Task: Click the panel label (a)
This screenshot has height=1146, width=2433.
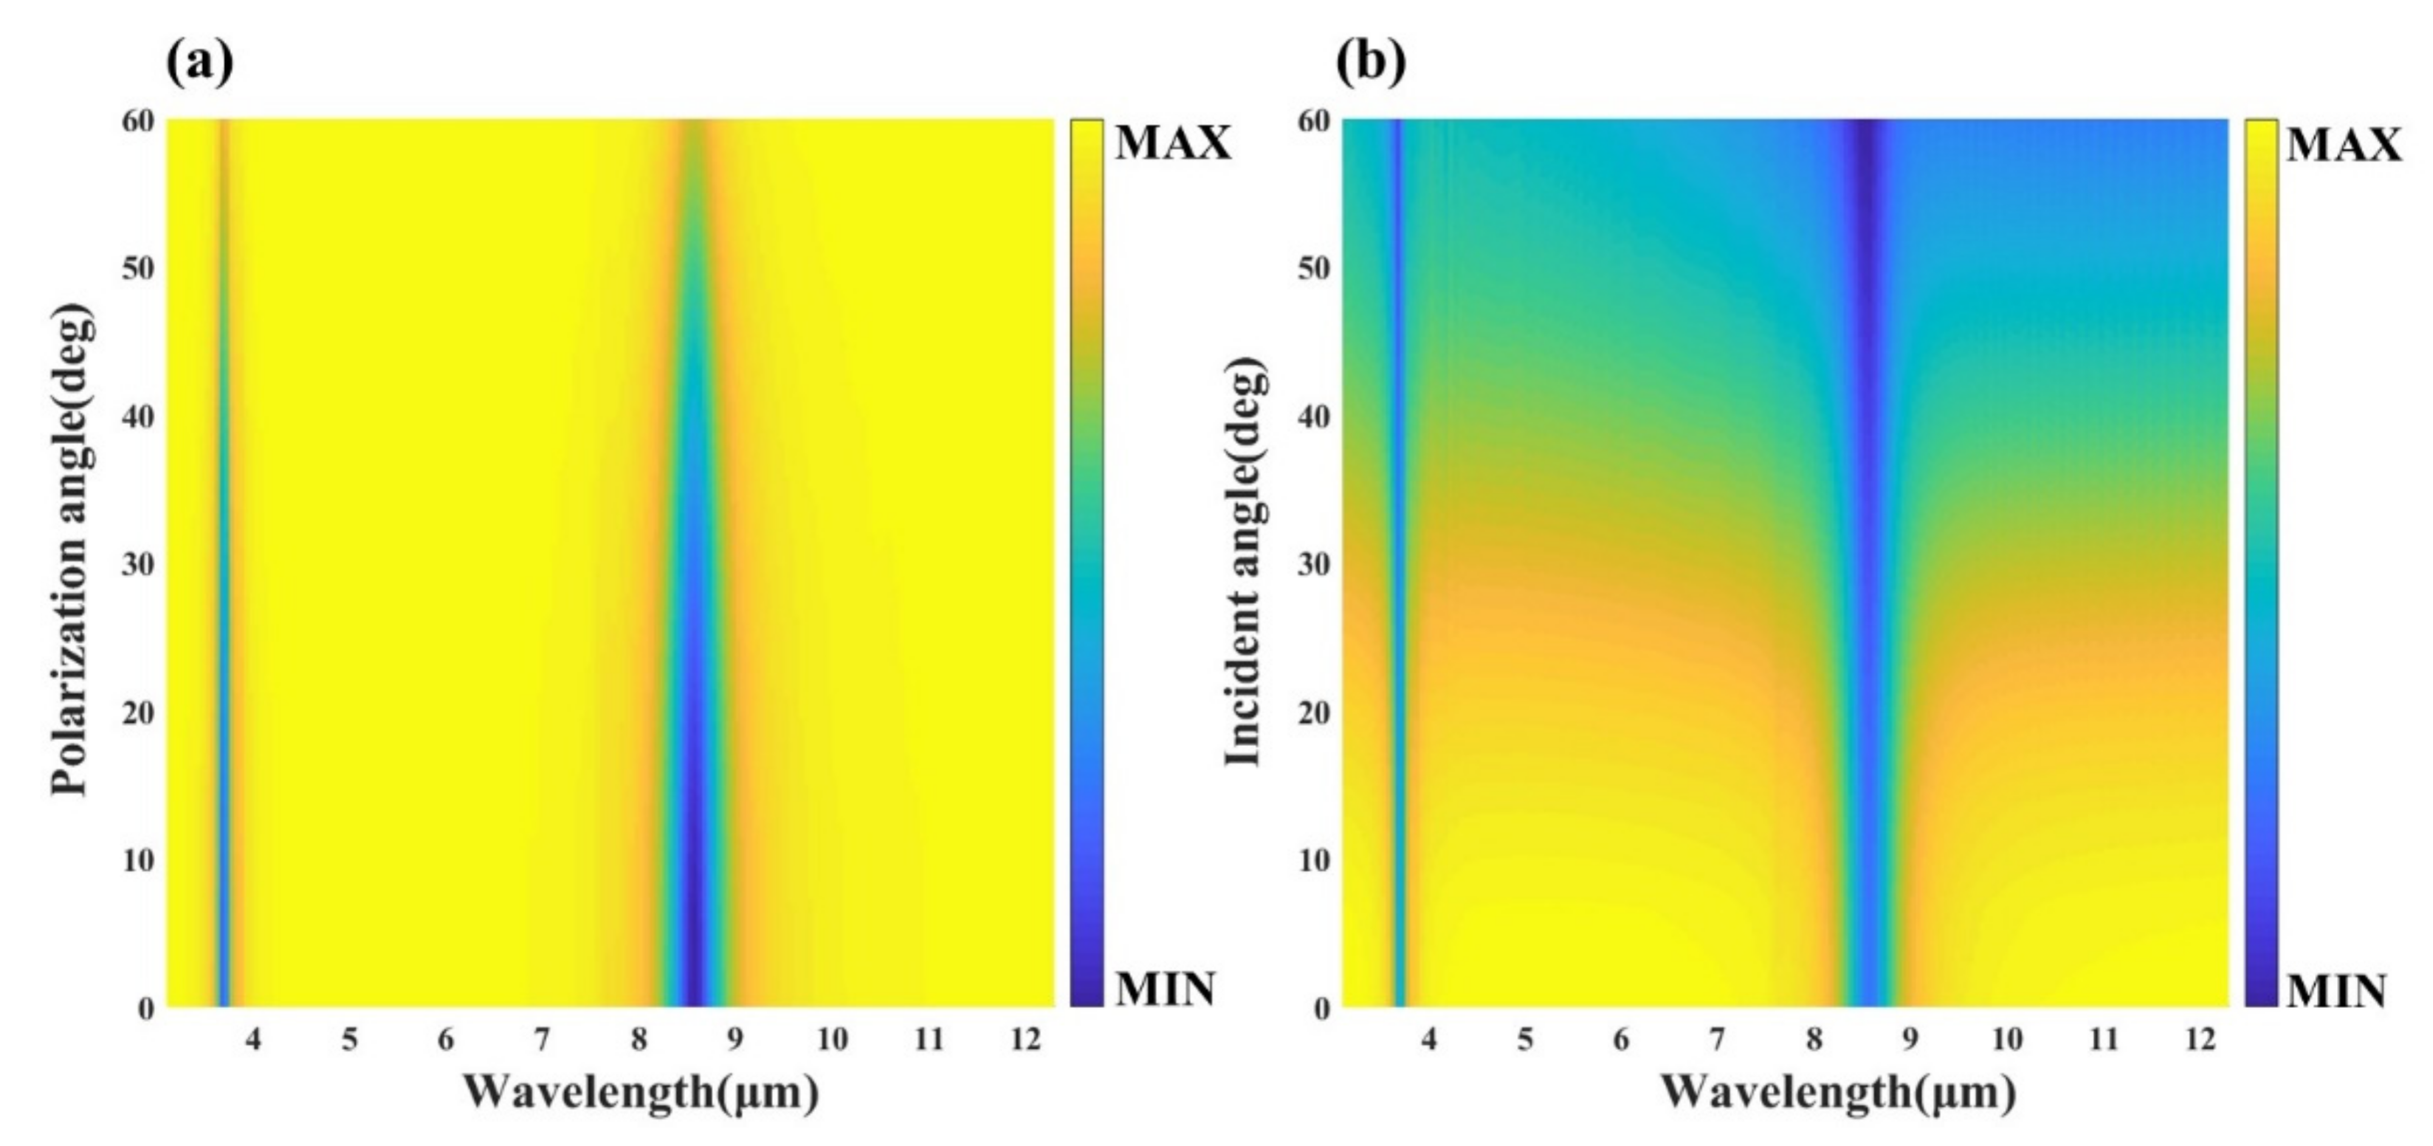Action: (x=199, y=61)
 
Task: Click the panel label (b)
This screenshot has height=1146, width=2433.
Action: (x=1372, y=61)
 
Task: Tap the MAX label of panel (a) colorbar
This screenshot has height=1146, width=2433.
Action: (x=1174, y=143)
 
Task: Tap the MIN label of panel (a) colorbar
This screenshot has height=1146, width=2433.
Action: (x=1165, y=989)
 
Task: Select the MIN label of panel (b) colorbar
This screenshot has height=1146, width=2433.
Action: (x=2336, y=991)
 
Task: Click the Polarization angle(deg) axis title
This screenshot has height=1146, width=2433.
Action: (x=73, y=551)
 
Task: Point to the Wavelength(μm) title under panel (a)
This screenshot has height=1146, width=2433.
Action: (x=641, y=1092)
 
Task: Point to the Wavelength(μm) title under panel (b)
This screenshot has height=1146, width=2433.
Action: (x=1839, y=1092)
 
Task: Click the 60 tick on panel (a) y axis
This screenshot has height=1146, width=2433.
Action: (x=138, y=122)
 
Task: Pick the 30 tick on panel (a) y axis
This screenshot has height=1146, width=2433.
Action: (x=138, y=565)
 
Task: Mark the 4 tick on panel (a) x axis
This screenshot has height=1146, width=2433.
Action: (x=253, y=1039)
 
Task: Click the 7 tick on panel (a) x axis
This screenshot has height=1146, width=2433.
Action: (x=542, y=1039)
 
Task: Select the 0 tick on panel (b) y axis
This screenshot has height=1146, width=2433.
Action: (x=1321, y=1008)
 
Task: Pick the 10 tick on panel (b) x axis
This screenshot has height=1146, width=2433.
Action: (x=2007, y=1039)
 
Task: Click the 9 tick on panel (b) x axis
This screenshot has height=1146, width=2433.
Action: (x=1910, y=1039)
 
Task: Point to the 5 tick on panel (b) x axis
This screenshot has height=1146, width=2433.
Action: (x=1525, y=1039)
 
